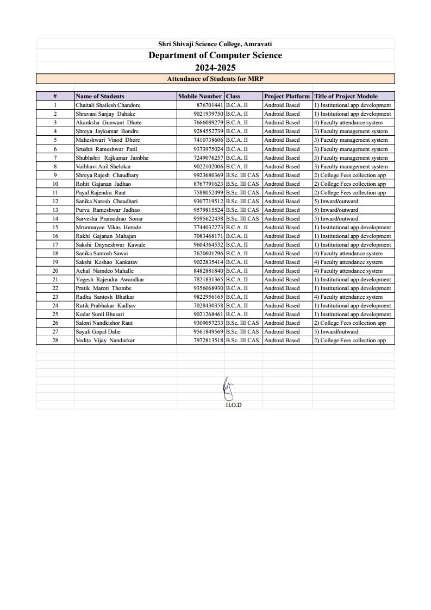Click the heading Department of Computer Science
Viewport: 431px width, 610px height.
(215, 55)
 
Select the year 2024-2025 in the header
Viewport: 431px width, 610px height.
(215, 67)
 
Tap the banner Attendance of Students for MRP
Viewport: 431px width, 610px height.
(215, 79)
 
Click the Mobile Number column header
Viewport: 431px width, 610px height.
(200, 96)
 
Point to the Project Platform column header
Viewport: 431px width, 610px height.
(287, 96)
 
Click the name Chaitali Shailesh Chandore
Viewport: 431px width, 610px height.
(108, 105)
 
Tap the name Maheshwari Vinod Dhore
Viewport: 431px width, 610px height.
(108, 140)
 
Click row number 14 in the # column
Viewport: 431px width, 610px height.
(55, 218)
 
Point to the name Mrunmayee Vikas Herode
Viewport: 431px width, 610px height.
(108, 228)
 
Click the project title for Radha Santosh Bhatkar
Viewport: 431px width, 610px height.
(348, 297)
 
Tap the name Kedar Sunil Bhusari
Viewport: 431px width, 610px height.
(100, 315)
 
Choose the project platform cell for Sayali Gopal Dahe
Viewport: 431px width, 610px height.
(282, 332)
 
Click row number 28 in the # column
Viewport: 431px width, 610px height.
(55, 341)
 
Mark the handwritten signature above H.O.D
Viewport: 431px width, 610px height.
(229, 389)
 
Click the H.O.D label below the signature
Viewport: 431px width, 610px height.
(234, 405)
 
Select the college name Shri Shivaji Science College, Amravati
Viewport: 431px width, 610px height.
(215, 44)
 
